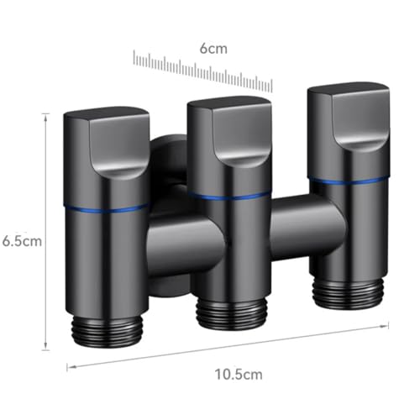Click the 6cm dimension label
[x=213, y=49]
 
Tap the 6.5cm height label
[x=22, y=241]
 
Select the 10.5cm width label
[x=239, y=375]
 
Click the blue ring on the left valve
[x=107, y=209]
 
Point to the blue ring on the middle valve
[x=229, y=196]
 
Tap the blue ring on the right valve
[x=349, y=181]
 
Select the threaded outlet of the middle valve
[x=232, y=313]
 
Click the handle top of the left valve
[x=107, y=143]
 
